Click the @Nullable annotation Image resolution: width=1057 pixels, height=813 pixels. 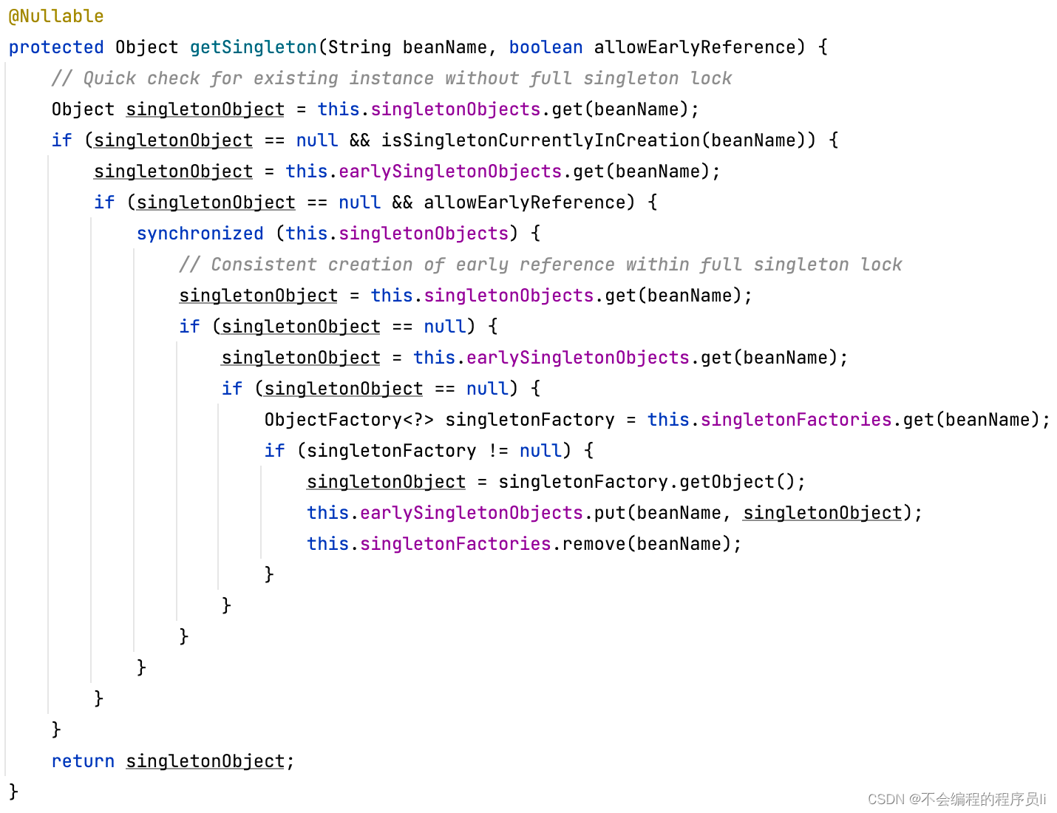click(x=56, y=16)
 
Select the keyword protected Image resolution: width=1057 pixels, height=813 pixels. click(x=56, y=47)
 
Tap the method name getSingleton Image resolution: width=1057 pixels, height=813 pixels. click(x=253, y=47)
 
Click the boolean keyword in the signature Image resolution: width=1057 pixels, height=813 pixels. click(x=546, y=47)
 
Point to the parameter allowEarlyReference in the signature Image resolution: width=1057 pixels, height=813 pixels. click(x=694, y=47)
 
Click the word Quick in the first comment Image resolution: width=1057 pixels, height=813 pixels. click(x=109, y=78)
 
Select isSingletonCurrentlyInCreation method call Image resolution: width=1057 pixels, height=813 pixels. click(x=540, y=140)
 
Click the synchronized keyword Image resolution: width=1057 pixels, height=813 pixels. click(x=200, y=234)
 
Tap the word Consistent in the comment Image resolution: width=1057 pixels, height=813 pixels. click(x=264, y=265)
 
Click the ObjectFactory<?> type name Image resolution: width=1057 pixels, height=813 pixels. click(x=348, y=420)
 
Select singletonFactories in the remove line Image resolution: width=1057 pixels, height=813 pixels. click(x=455, y=544)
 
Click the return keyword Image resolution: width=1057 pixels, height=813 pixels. click(x=83, y=761)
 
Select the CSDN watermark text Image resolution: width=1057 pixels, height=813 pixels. click(x=956, y=799)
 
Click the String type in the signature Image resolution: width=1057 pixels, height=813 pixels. click(x=359, y=47)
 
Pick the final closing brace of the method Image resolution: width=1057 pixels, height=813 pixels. click(x=13, y=792)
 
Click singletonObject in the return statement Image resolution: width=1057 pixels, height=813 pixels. click(x=205, y=761)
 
